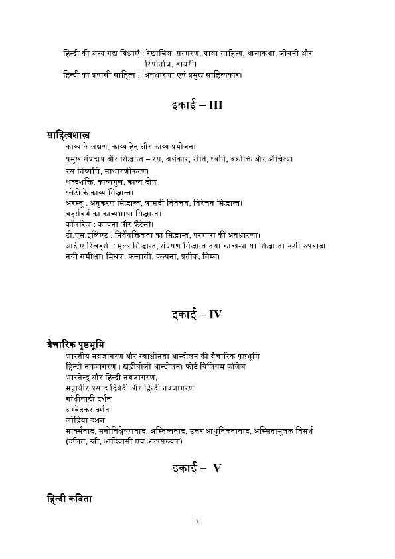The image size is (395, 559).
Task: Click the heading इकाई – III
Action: pyautogui.click(x=197, y=106)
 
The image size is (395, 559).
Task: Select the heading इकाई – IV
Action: pyautogui.click(x=197, y=314)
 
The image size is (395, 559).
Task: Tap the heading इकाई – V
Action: pyautogui.click(x=197, y=469)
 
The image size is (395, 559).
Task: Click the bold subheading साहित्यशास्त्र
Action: pyautogui.click(x=69, y=135)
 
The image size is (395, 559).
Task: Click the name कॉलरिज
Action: pyautogui.click(x=71, y=225)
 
